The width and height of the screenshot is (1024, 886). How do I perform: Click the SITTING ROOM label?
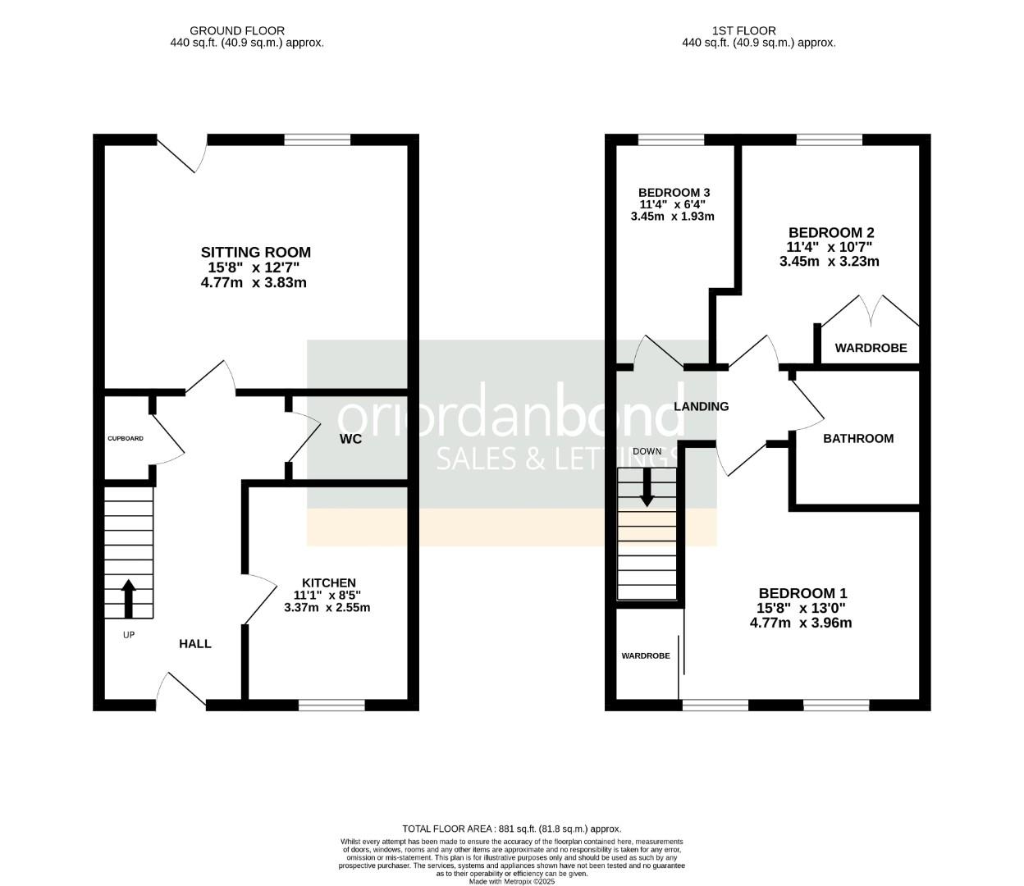(x=256, y=252)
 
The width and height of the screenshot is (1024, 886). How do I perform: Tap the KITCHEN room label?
(x=328, y=582)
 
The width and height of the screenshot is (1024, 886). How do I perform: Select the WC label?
(x=350, y=439)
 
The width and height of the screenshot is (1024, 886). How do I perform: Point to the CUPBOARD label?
(x=126, y=439)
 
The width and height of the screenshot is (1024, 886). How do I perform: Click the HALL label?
(x=195, y=644)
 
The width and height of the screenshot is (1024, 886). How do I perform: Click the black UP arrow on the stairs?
(x=129, y=598)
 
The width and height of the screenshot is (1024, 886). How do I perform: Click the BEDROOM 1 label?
(x=802, y=593)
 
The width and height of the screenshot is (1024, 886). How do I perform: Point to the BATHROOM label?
(x=858, y=439)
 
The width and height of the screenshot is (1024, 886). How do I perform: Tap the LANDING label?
(x=701, y=406)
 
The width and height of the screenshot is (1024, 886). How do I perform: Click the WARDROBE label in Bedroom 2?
(x=871, y=348)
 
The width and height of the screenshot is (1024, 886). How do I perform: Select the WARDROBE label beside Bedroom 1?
(x=646, y=655)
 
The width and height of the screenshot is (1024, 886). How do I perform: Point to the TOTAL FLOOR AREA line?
(x=511, y=829)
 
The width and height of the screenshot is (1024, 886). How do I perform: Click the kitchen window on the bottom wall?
(x=331, y=705)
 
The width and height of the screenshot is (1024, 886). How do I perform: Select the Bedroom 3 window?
(x=671, y=139)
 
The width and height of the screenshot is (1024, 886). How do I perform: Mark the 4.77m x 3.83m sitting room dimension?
(x=254, y=282)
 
